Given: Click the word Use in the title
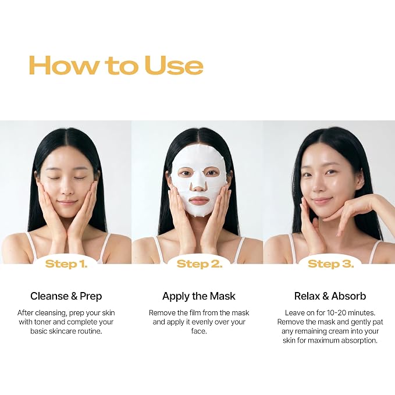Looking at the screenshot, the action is coord(174,65).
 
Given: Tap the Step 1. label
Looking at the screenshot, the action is coord(66,264).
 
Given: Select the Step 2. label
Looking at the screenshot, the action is coord(200,264).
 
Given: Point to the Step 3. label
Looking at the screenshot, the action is coord(330,264).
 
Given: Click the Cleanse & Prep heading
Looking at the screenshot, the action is coord(66,296).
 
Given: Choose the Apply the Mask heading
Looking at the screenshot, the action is coord(199,296).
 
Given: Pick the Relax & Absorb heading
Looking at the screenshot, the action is coord(330,296).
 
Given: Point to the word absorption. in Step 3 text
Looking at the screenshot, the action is coord(360,340).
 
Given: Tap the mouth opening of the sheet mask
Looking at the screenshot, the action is coord(200,201).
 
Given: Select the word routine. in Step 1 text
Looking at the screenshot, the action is coord(90,331).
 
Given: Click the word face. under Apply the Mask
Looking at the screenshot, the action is coord(199,331).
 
